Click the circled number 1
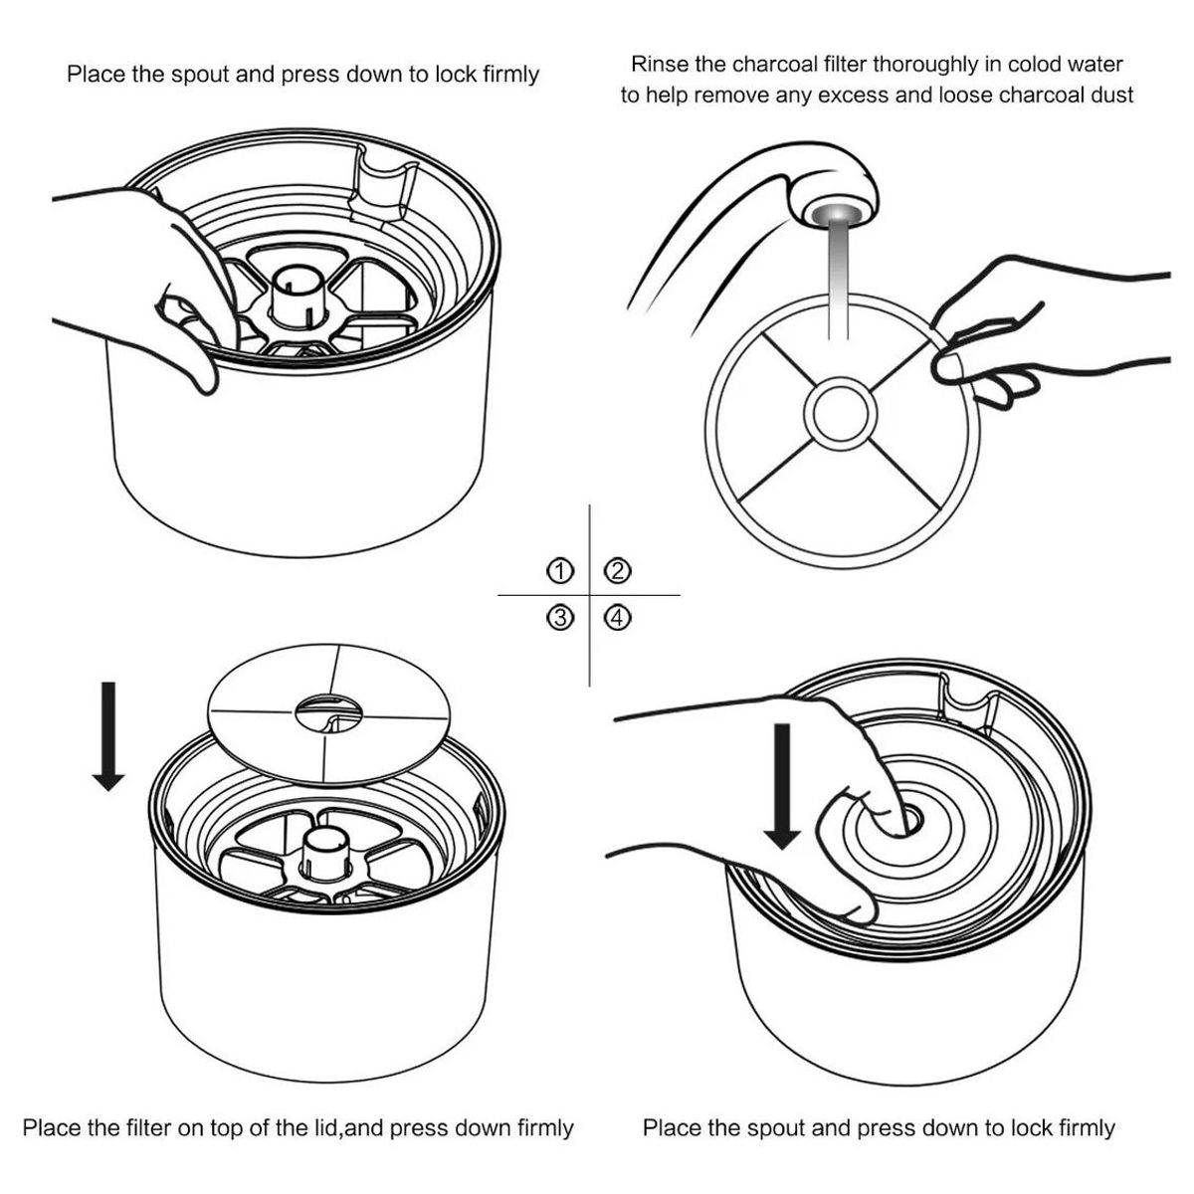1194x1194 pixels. tap(561, 571)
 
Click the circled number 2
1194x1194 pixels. tap(617, 571)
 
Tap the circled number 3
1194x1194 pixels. tap(561, 618)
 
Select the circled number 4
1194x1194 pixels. tap(617, 618)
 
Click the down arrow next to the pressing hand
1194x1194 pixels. tap(784, 786)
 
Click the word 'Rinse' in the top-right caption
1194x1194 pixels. tap(658, 65)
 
